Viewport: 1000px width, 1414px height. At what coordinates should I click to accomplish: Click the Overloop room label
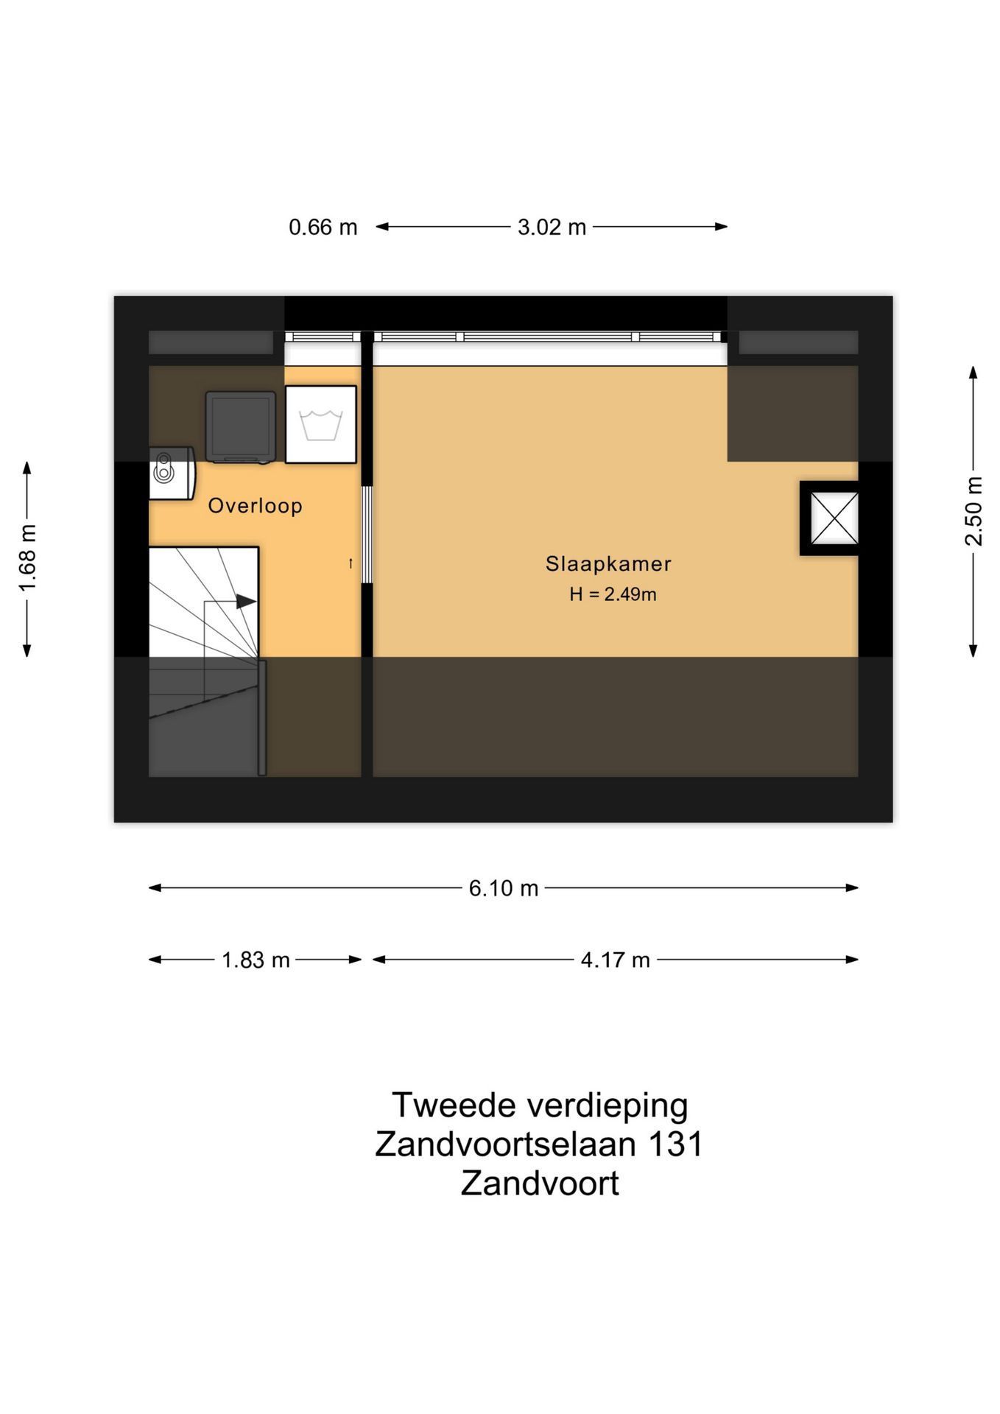point(255,506)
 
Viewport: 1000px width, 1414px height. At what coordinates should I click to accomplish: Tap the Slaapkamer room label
point(608,564)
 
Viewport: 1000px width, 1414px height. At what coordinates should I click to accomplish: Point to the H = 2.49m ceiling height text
point(613,594)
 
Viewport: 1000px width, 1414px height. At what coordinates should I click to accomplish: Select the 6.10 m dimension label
point(504,888)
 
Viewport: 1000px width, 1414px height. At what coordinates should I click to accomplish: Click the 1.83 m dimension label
point(256,960)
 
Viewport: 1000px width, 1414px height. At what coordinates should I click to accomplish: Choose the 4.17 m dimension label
point(615,960)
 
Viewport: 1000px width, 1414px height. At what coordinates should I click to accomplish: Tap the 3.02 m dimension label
point(552,228)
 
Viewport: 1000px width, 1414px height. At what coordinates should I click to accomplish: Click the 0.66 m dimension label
point(323,228)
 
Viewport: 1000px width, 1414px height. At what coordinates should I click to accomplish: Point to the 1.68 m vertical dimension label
point(27,558)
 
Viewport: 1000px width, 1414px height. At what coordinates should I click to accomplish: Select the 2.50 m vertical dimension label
point(973,511)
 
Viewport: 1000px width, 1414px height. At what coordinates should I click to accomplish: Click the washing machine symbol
point(321,425)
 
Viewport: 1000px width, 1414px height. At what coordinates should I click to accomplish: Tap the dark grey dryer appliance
point(241,427)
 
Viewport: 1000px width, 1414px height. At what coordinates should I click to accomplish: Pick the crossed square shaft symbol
point(834,518)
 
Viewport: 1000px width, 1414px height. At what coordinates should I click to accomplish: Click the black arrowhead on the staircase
point(247,602)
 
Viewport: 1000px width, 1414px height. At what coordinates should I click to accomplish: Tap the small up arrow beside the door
point(351,563)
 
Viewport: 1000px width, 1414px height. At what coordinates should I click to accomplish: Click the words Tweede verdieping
point(540,1105)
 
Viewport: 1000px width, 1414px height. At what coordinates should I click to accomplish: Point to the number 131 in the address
point(675,1144)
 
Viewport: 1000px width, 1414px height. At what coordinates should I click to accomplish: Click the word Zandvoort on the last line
point(540,1183)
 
